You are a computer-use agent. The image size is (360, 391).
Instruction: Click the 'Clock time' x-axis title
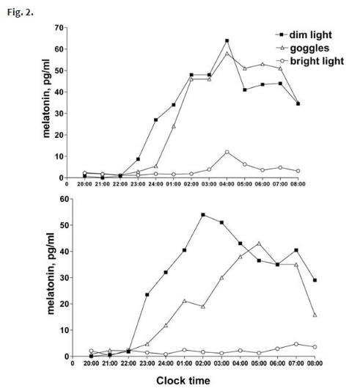pos(183,381)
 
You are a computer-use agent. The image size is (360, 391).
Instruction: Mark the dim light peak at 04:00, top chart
pos(227,41)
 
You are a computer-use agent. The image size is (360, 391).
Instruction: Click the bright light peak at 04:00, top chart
pos(227,152)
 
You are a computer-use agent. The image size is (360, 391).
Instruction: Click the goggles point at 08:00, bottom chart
pos(314,315)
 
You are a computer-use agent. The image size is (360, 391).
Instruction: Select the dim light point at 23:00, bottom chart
pos(147,295)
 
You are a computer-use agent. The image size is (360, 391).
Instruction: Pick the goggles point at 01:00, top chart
pos(174,126)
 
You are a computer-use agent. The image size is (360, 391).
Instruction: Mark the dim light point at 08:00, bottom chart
pos(314,280)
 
